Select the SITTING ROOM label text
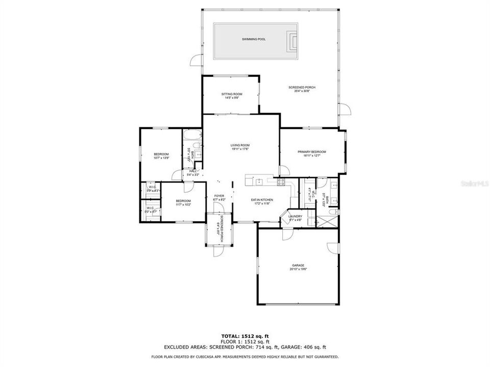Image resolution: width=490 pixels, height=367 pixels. coord(232,94)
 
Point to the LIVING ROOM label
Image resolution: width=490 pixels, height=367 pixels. coord(240,145)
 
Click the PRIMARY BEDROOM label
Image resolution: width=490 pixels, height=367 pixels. coord(312,152)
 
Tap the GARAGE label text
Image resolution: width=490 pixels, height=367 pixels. coord(298,266)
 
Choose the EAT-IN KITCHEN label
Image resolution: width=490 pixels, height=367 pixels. coord(262,200)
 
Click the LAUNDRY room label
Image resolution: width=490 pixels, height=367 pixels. coord(295,216)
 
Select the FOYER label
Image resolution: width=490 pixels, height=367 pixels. coord(219,196)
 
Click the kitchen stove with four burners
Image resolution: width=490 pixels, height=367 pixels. coord(281,181)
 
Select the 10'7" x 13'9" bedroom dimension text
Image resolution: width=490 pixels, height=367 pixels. coord(161,158)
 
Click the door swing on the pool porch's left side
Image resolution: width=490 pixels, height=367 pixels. coord(195,62)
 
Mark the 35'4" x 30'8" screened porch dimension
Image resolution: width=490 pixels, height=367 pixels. coord(302,91)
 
